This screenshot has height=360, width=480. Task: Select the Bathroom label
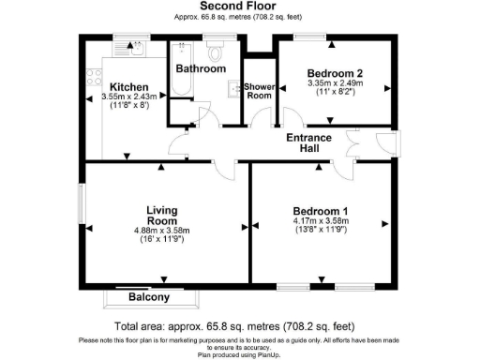202,68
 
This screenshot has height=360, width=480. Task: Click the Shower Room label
259,92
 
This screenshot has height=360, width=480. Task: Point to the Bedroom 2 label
334,73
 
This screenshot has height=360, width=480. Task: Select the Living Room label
162,215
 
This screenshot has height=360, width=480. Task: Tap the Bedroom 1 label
320,210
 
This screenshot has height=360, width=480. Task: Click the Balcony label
149,297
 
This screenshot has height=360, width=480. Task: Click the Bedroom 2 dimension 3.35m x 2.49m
334,83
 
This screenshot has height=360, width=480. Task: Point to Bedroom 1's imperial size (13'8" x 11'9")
320,230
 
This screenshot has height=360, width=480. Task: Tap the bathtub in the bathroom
180,70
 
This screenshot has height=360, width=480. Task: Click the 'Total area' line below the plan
239,326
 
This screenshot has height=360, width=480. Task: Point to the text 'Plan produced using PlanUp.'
239,354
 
